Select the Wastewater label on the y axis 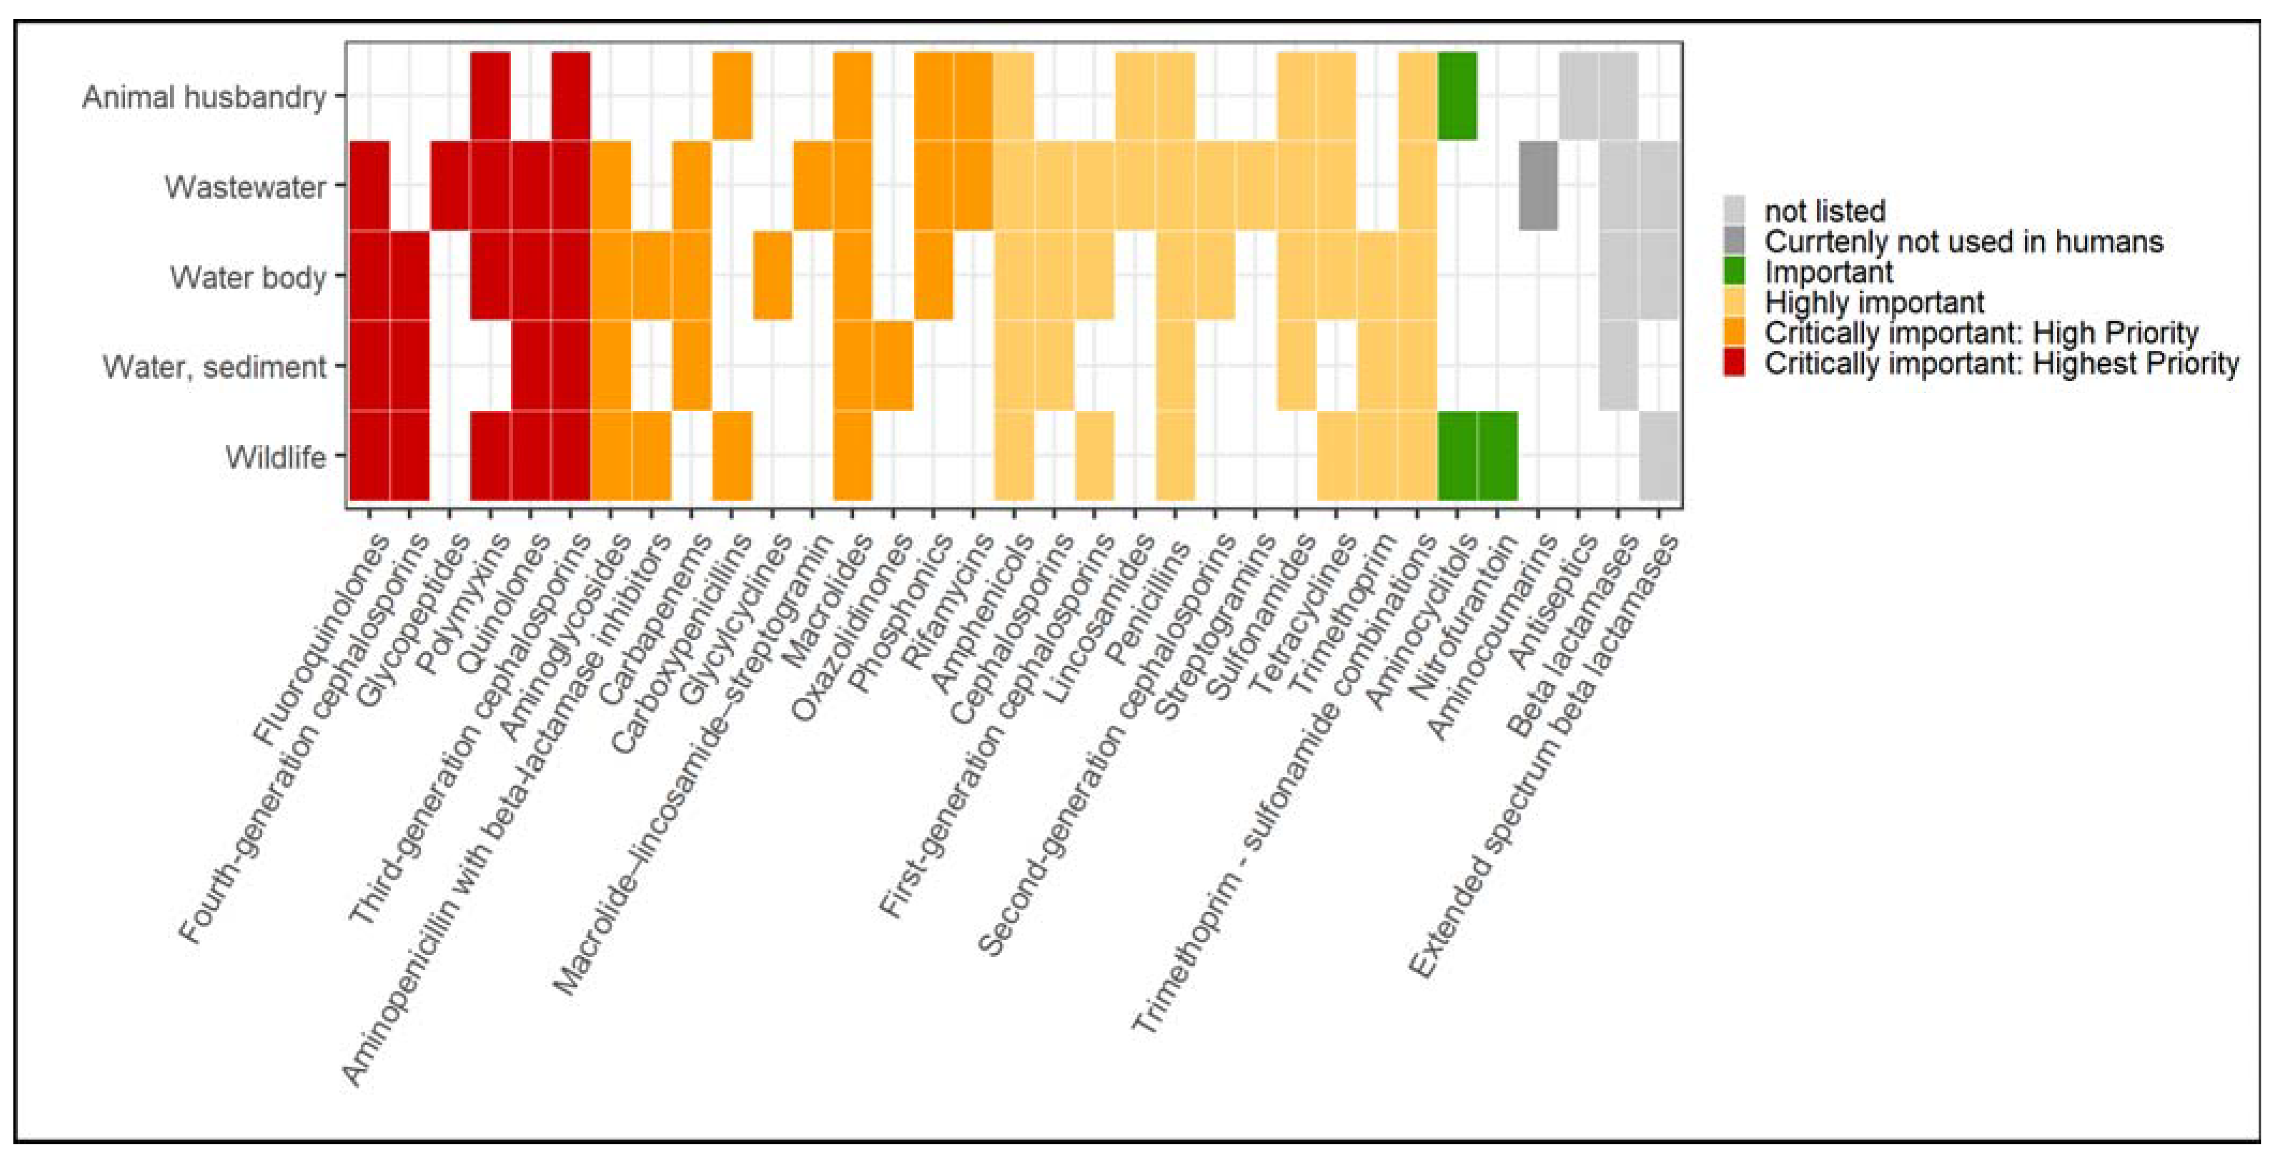245,187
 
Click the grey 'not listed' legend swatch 1734,211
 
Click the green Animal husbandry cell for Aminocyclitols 1457,95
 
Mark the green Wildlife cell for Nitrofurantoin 1498,456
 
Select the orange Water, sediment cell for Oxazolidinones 893,365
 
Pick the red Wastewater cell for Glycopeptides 450,186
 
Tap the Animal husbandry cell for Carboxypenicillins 732,95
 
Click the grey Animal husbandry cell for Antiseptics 1578,95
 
